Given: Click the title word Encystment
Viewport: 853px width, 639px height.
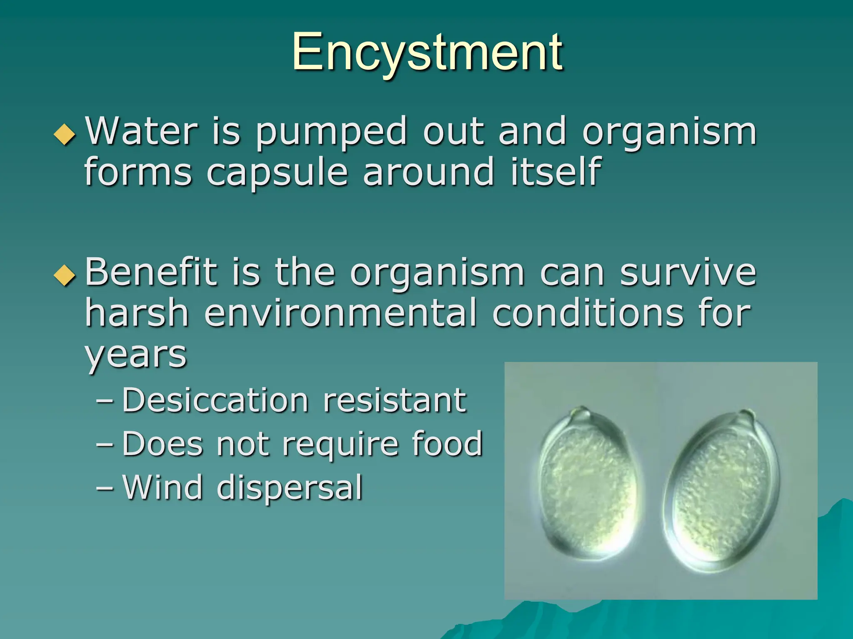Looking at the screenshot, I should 427,53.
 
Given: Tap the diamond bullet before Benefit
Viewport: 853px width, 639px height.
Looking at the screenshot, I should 65,276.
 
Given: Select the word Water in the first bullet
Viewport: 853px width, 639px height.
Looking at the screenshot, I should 141,131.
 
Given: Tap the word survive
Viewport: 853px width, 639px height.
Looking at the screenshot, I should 688,273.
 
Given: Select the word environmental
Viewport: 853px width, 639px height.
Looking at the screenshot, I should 340,314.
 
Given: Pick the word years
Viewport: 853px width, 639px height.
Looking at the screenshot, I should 136,356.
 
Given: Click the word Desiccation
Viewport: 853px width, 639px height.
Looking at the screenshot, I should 215,401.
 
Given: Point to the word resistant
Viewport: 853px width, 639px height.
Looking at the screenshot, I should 394,401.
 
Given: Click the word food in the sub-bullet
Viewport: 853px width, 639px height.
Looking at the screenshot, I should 447,444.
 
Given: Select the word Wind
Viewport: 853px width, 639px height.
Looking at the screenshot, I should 163,487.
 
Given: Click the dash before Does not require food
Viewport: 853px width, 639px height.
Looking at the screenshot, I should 104,444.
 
